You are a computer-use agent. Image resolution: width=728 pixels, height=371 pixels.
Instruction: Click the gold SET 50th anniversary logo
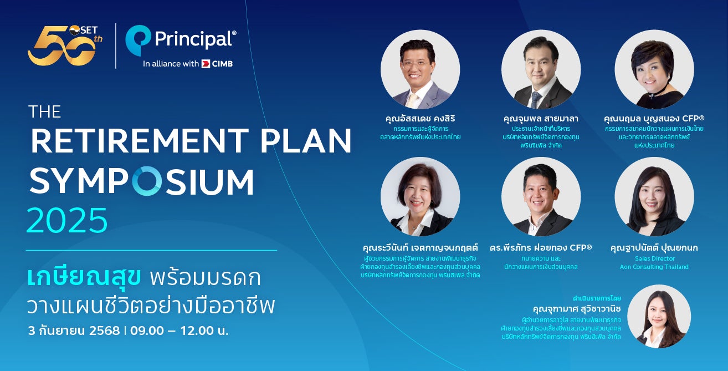point(65,45)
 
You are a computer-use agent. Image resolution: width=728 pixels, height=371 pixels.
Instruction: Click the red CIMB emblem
point(206,64)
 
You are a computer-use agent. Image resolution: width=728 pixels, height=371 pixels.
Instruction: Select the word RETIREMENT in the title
point(140,141)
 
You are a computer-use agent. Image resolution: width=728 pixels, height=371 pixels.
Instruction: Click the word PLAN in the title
point(306,141)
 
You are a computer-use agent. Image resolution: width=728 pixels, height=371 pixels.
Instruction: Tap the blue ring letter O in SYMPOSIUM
point(147,181)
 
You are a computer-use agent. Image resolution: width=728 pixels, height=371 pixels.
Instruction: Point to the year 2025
point(67,220)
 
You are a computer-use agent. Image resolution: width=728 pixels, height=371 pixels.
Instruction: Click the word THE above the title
point(45,111)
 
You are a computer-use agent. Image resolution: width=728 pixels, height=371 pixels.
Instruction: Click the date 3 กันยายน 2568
point(74,331)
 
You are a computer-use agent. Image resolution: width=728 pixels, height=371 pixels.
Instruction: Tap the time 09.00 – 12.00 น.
point(180,331)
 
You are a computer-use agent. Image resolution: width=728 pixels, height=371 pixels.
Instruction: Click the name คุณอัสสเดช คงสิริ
point(420,118)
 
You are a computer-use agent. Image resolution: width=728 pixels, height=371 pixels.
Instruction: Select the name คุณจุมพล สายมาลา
point(541,118)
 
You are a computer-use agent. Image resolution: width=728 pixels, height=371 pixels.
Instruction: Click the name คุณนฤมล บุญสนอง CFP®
point(654,118)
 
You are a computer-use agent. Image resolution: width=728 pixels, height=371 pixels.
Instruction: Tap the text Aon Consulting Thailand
point(654,267)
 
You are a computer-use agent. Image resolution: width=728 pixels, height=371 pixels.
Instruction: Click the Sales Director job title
point(654,259)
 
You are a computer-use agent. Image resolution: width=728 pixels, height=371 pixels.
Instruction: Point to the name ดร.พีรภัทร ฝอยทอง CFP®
point(541,248)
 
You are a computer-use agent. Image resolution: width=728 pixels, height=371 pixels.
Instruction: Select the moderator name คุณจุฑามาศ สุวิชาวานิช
point(577,308)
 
